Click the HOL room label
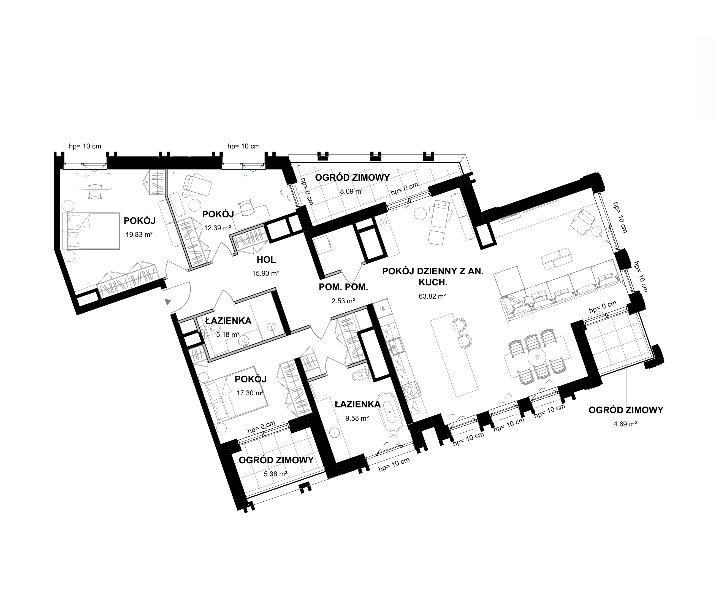coord(266,260)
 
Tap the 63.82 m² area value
coord(432,296)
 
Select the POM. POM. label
coord(343,287)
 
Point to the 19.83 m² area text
coord(139,235)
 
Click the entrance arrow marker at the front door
coord(168,302)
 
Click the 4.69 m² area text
coord(626,424)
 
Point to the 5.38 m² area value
coord(275,474)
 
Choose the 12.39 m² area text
coord(218,228)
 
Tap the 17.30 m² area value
coord(250,393)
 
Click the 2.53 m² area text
coord(343,301)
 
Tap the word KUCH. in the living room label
coord(433,282)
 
